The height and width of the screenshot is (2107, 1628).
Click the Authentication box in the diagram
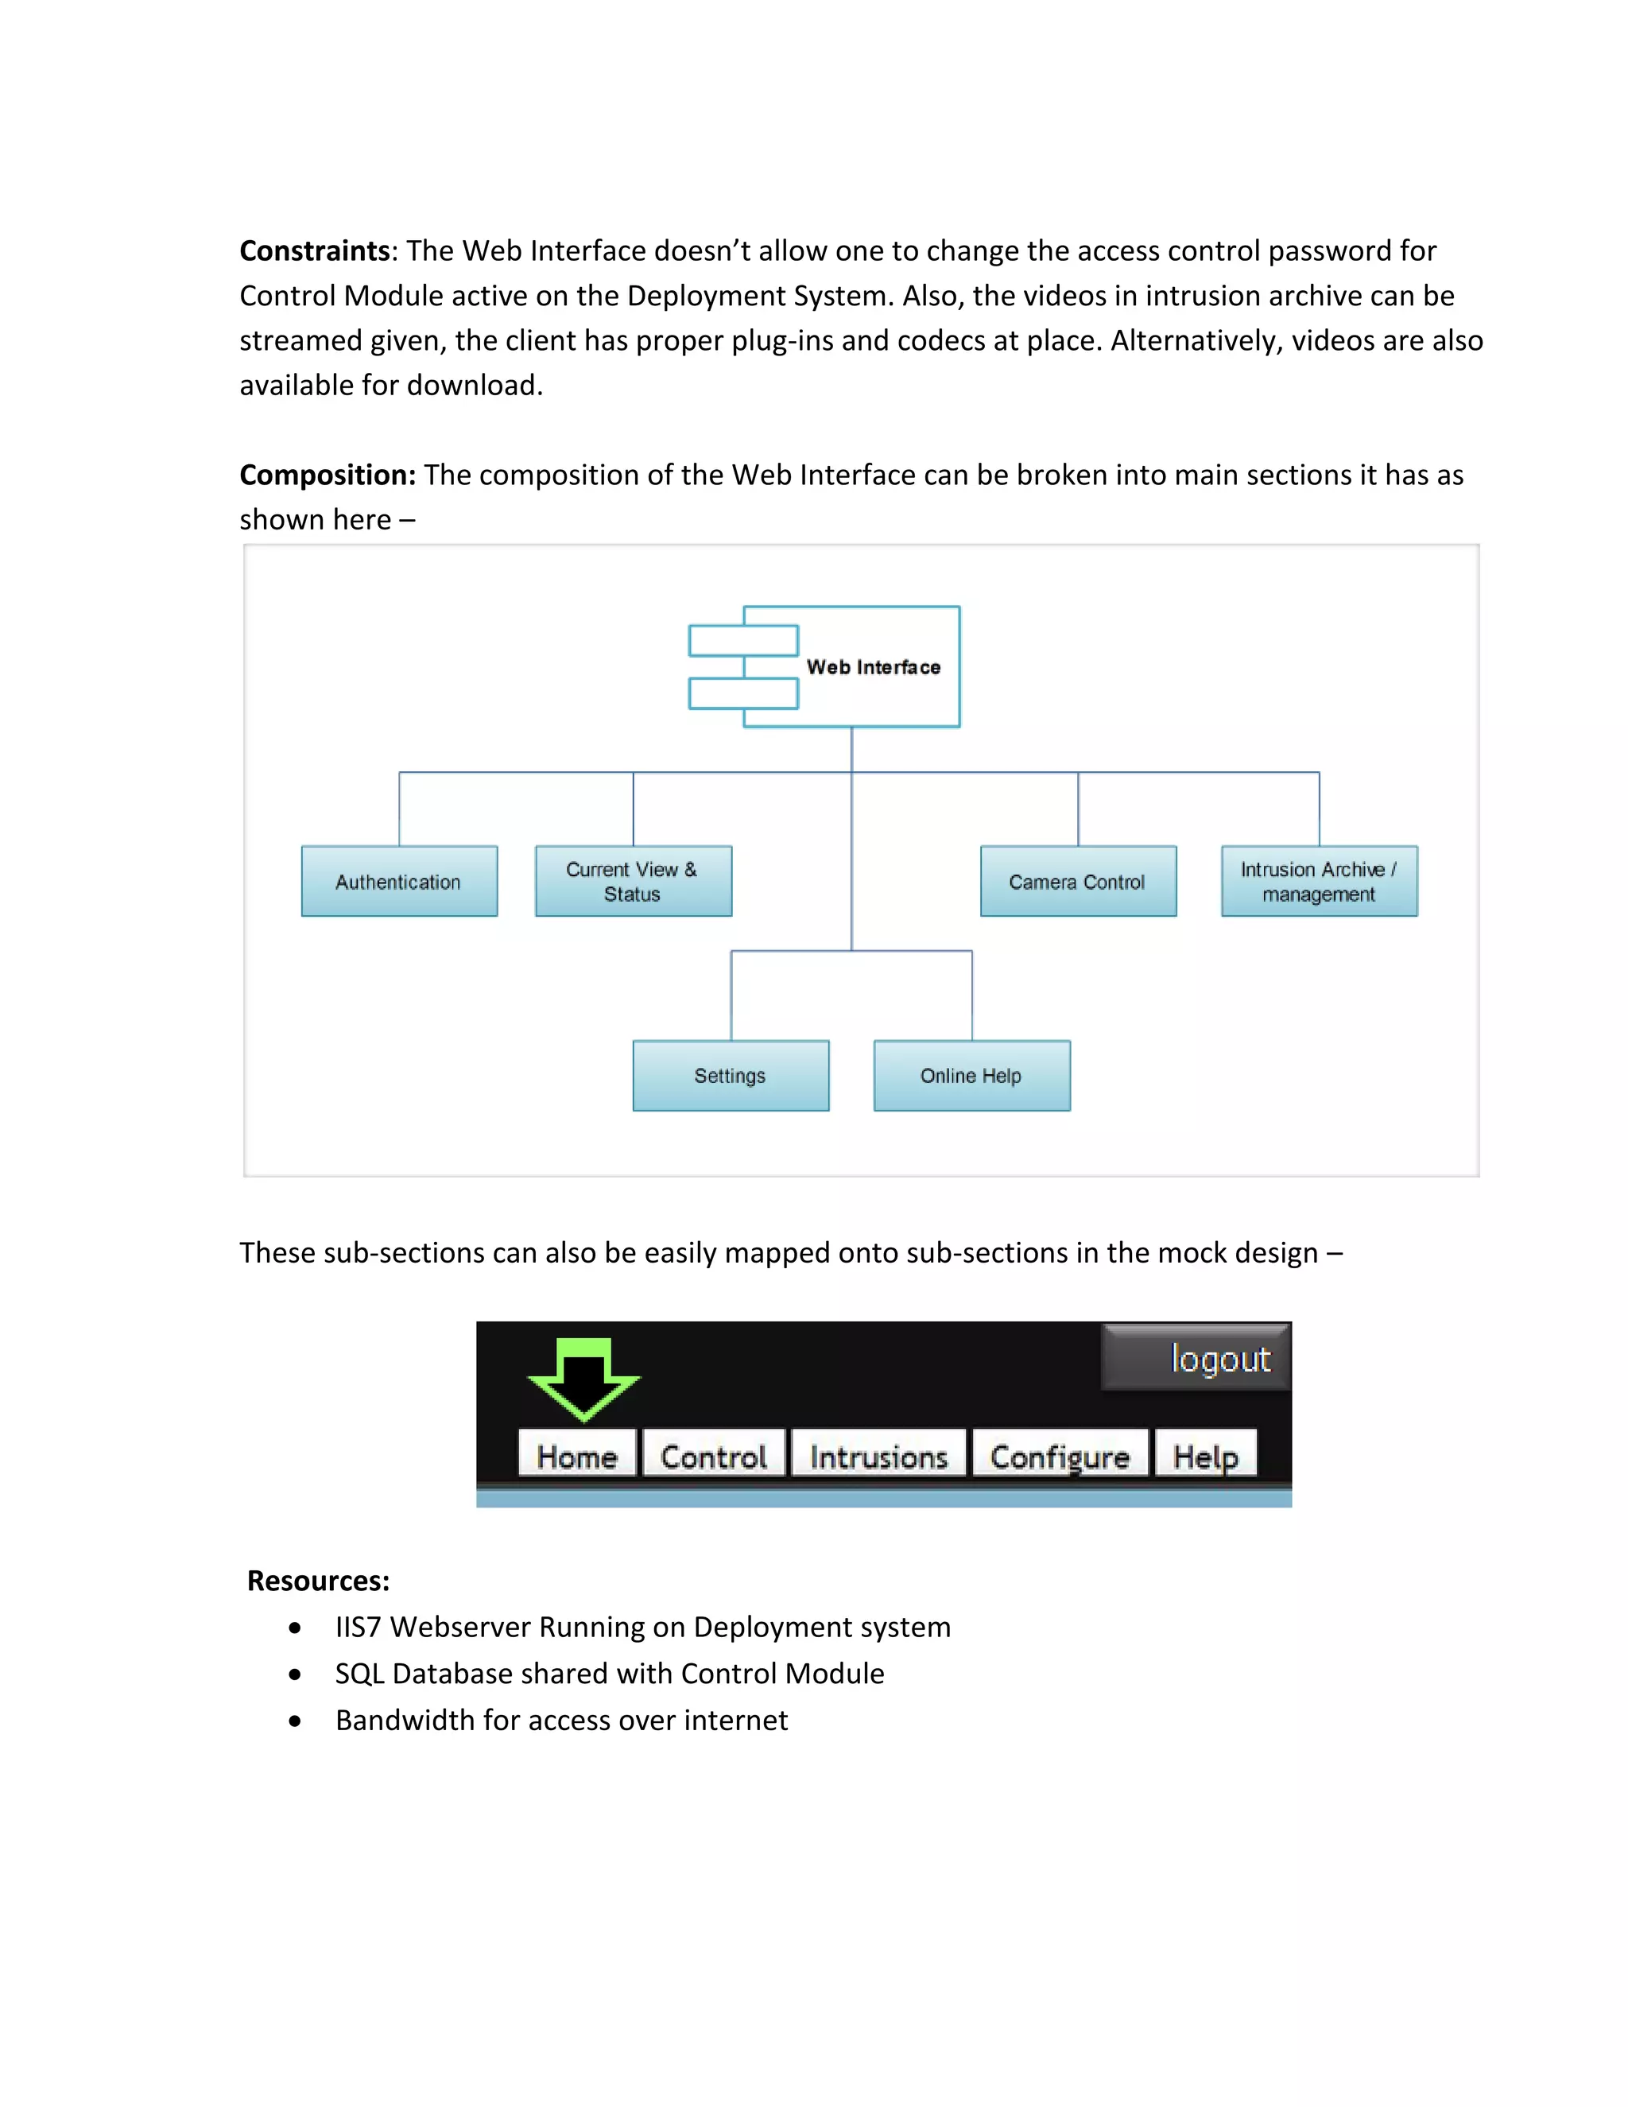coord(399,881)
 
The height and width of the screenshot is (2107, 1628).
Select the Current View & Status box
coord(634,881)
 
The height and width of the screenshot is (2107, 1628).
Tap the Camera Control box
coord(1078,881)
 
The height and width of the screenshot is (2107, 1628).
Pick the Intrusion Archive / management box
coord(1320,881)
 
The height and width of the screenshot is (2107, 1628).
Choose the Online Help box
coord(972,1076)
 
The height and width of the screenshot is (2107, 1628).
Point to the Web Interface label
coord(873,666)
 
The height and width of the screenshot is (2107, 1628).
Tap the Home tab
coord(577,1455)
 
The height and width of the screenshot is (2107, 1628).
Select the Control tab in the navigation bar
coord(714,1455)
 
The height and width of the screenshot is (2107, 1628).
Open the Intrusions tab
coord(878,1455)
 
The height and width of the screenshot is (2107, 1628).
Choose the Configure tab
coord(1060,1455)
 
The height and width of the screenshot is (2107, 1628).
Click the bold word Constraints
coord(315,250)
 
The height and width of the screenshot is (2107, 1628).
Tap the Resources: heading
coord(318,1581)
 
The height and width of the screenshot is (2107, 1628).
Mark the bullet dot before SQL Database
coord(295,1674)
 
